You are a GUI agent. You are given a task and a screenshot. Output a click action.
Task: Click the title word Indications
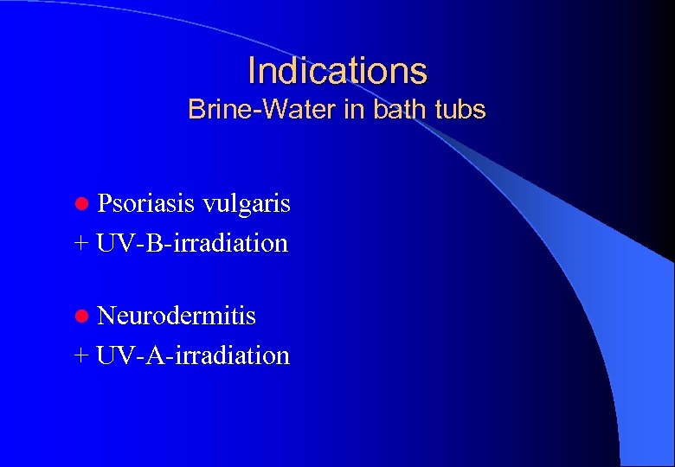pyautogui.click(x=337, y=70)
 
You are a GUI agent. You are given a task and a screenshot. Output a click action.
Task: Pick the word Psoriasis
pyautogui.click(x=145, y=204)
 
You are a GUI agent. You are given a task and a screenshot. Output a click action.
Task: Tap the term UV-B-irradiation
pyautogui.click(x=192, y=243)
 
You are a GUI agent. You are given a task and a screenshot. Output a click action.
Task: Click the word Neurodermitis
pyautogui.click(x=177, y=316)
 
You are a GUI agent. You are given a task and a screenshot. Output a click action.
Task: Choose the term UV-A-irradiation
pyautogui.click(x=193, y=355)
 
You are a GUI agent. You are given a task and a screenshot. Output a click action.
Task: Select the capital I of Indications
pyautogui.click(x=252, y=70)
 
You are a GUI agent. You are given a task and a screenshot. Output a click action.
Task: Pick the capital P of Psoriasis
pyautogui.click(x=105, y=204)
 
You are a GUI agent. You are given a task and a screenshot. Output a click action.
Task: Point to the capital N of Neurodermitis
pyautogui.click(x=106, y=316)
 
